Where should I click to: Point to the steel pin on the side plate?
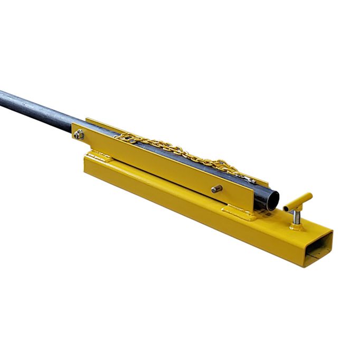point(215,189)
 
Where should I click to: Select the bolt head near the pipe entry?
point(79,135)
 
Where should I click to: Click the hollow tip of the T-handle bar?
point(286,210)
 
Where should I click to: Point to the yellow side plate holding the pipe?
point(158,164)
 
